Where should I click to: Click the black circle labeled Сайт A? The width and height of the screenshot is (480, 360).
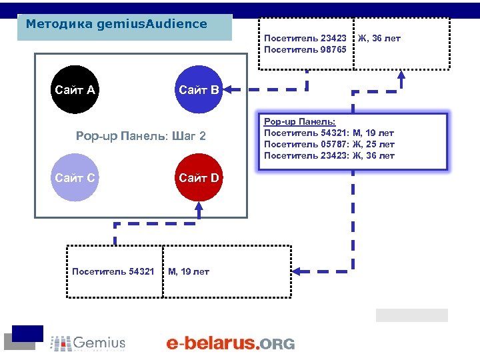coord(75,90)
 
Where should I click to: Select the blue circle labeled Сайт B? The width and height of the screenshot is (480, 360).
coord(198,90)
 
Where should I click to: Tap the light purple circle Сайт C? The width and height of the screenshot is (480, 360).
coord(75,178)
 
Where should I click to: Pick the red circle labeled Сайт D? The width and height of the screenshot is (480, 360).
coord(198,178)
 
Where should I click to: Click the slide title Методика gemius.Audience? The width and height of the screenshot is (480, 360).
coord(117,24)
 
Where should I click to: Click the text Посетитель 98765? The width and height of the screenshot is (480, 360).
coord(305,49)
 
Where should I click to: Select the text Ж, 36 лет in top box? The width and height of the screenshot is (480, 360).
coord(379,38)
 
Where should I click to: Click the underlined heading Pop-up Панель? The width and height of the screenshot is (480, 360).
coord(299,121)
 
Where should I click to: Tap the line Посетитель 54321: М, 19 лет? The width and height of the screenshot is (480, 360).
coord(329,133)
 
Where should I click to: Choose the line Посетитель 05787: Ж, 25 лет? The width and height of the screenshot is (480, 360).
coord(329,144)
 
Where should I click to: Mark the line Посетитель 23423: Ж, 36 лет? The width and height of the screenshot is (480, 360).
coord(329,155)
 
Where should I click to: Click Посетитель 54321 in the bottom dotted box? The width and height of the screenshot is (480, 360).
coord(113,271)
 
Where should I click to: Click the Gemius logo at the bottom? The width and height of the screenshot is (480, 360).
coord(89,343)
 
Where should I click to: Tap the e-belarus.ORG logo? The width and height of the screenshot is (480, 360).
coord(230,343)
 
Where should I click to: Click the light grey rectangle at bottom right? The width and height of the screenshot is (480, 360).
coord(411,315)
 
